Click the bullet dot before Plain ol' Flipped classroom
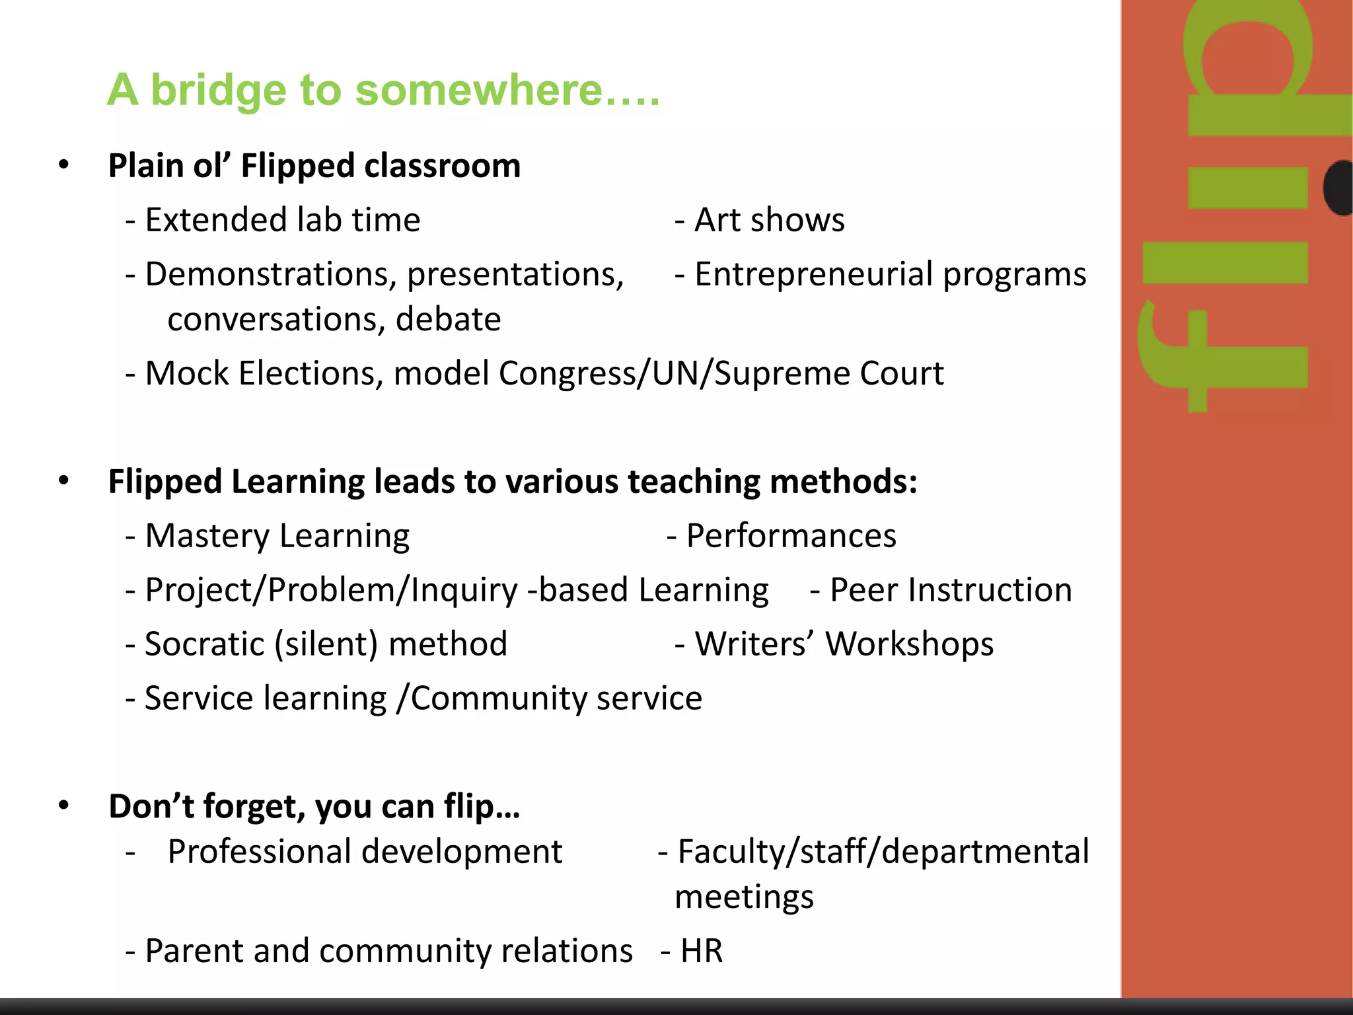[x=63, y=165]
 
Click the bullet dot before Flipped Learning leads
[x=63, y=480]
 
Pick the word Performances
[x=791, y=535]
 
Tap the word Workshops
[x=909, y=644]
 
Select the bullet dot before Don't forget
[x=63, y=806]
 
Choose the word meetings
[x=744, y=897]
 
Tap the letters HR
[x=702, y=951]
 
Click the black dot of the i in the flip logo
[x=1338, y=188]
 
